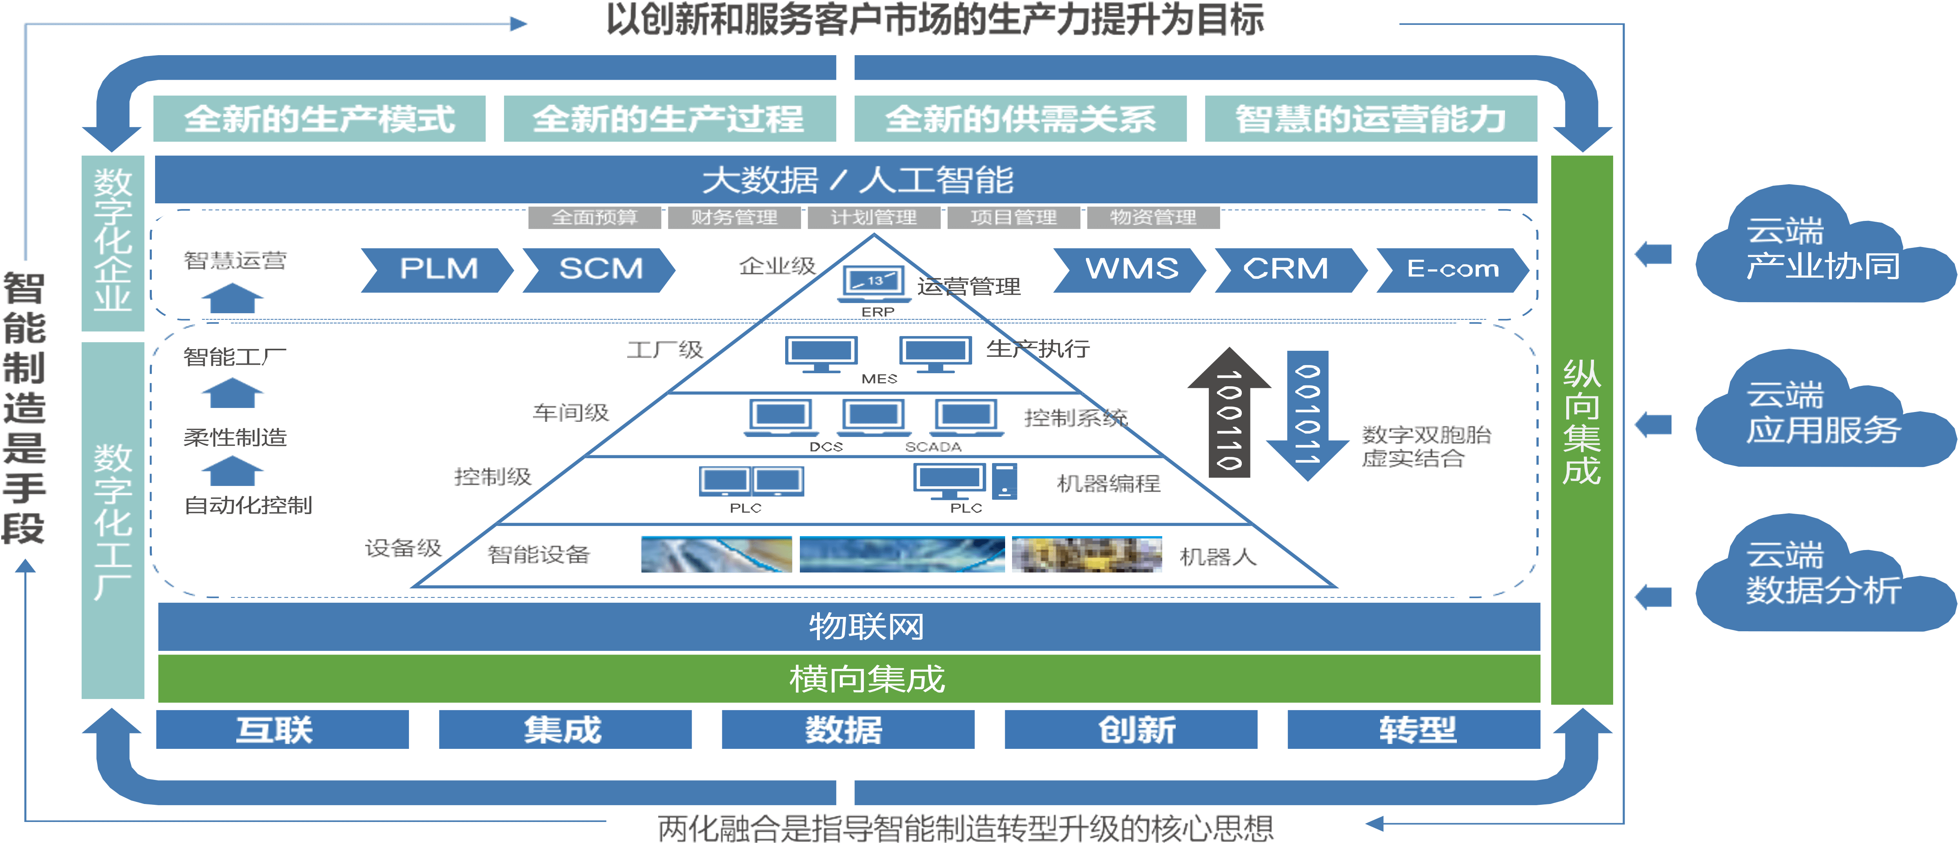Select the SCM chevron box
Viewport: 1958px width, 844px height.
coord(600,269)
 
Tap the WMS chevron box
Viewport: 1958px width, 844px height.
coord(1130,269)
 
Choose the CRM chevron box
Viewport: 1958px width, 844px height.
coord(1290,269)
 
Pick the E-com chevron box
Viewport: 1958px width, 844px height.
coord(1452,269)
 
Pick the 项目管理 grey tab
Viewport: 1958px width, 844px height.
coord(1013,218)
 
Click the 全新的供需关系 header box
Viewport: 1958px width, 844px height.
coord(1020,118)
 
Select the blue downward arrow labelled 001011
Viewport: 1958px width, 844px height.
coord(1308,414)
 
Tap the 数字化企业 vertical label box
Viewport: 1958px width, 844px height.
coord(113,243)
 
